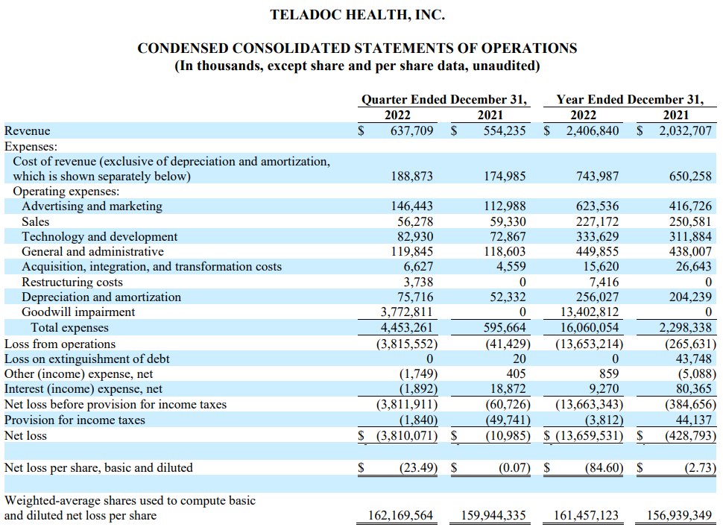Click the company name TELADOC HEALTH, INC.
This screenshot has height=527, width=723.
pos(358,14)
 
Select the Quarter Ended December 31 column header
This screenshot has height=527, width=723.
pos(444,99)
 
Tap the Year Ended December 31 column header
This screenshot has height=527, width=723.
pos(629,99)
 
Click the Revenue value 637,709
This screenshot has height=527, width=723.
pos(411,131)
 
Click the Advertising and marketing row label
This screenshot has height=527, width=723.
pos(92,206)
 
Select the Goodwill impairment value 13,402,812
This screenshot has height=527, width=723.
pos(589,312)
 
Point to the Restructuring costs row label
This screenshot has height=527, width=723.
pos(72,282)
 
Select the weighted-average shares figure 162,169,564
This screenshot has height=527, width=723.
pos(400,515)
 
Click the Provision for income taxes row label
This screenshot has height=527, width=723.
pos(75,420)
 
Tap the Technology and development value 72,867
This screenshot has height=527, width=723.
pos(505,236)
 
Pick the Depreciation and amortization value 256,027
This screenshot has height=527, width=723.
pos(596,297)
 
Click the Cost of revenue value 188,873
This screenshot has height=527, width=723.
pos(411,177)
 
